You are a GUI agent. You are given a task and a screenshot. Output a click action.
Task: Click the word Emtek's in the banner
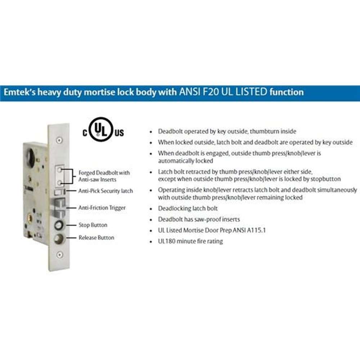coord(19,92)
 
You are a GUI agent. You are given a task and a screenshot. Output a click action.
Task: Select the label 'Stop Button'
coord(93,225)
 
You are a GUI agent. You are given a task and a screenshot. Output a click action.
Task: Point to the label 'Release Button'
coord(96,238)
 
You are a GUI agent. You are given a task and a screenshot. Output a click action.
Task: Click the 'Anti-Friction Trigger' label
coord(102,208)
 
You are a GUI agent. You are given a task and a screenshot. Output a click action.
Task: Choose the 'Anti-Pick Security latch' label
coord(105,191)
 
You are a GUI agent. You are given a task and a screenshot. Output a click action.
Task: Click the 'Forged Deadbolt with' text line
coord(104,173)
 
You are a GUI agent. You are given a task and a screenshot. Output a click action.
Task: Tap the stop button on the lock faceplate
coord(59,225)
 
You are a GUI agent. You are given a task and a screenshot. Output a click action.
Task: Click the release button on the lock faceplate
coord(59,239)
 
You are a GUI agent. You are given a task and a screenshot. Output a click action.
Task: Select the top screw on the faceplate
coord(59,140)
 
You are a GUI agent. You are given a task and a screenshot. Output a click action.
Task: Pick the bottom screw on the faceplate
coord(60,255)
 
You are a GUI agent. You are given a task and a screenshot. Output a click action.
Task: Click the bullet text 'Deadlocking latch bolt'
coord(188,208)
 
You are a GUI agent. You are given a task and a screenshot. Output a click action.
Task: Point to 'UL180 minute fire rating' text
coord(190,241)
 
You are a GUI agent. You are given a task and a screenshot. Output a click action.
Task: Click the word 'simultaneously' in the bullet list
coord(337,190)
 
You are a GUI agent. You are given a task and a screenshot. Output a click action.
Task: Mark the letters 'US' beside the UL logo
coord(120,133)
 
